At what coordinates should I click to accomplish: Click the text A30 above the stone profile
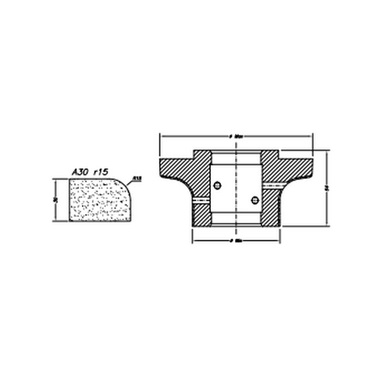tap(80, 172)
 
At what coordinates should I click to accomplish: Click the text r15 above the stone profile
tap(101, 172)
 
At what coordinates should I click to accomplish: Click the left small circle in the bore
tap(217, 186)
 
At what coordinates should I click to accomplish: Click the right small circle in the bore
tap(255, 200)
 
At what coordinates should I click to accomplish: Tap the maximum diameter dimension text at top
tap(236, 136)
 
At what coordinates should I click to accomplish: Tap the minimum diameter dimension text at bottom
tap(236, 241)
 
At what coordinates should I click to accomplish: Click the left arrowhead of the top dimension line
tap(162, 136)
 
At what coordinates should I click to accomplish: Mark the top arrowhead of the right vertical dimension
tap(327, 152)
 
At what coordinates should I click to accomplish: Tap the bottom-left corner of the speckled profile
tap(70, 220)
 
